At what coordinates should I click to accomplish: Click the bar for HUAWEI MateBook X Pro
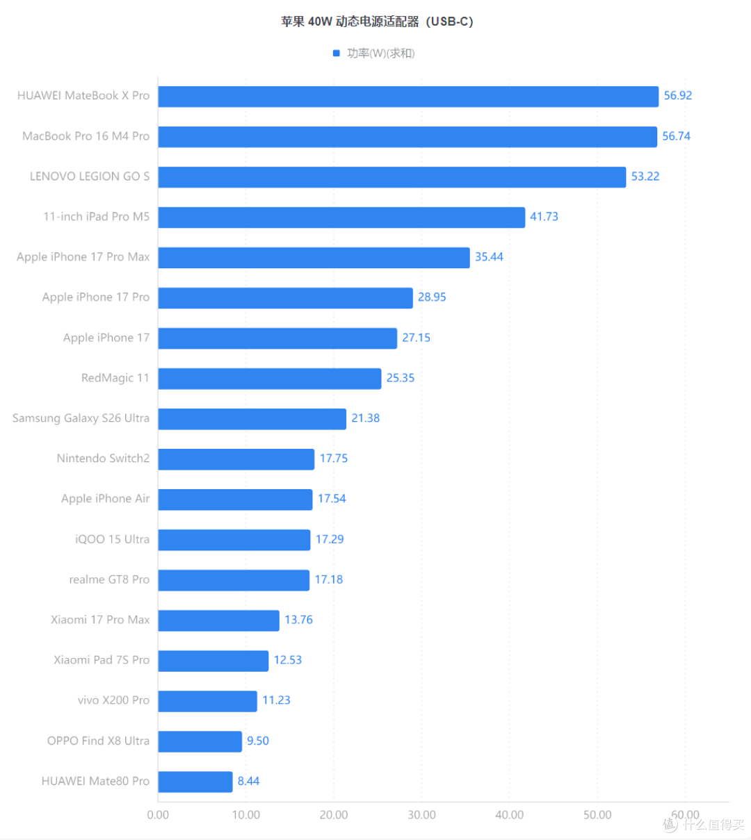point(408,96)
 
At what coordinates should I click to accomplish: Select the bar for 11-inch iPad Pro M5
point(341,217)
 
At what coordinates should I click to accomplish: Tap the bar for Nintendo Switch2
point(236,459)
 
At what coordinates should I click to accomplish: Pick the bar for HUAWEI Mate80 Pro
point(195,782)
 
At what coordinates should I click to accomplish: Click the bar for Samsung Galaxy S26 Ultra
point(252,419)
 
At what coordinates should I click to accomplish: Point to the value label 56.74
point(677,136)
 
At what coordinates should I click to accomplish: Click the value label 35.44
point(489,256)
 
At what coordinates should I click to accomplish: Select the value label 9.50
point(258,741)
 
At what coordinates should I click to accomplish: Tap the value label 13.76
point(298,620)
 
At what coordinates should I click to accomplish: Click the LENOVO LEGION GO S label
point(90,176)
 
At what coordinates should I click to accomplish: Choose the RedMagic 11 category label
point(115,378)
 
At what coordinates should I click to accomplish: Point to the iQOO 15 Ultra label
point(112,539)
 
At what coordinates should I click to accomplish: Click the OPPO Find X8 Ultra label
point(98,741)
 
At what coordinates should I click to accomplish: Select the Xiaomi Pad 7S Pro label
point(102,659)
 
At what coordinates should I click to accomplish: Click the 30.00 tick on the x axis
point(421,815)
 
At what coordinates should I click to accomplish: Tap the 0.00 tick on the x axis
point(158,815)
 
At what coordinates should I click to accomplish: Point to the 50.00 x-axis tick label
point(597,815)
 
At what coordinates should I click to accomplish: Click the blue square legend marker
point(337,53)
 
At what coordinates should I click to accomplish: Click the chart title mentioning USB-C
point(377,21)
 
